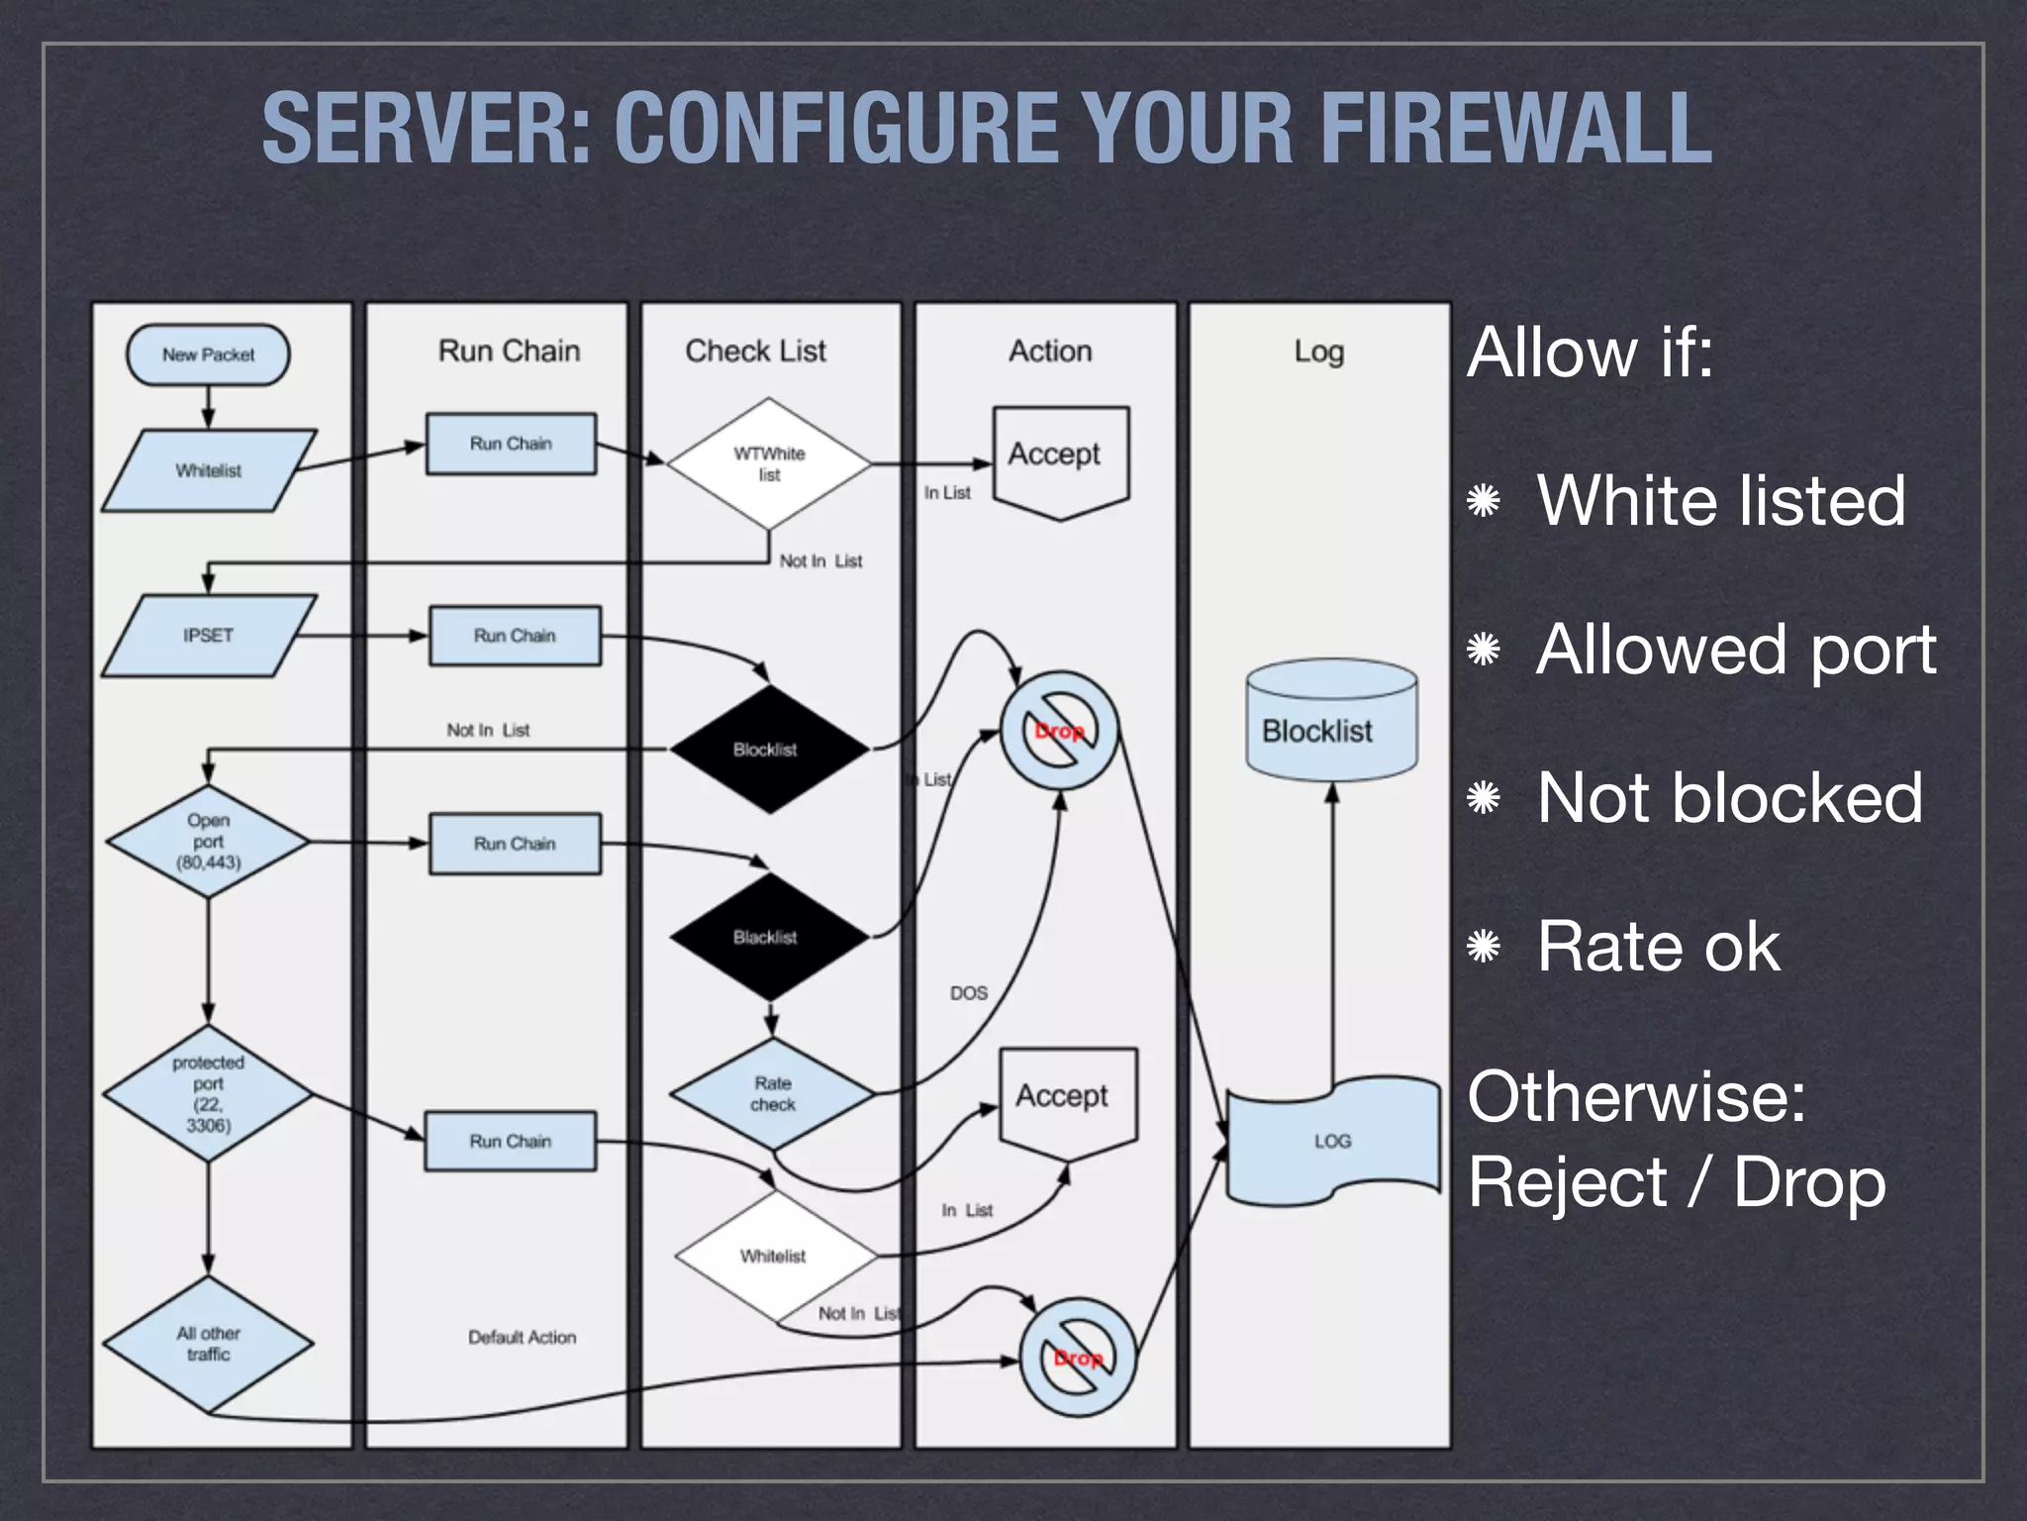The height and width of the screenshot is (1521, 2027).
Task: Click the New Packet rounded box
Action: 208,355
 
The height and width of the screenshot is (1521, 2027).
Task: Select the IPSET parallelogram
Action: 209,636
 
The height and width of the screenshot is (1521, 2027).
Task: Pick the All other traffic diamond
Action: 208,1344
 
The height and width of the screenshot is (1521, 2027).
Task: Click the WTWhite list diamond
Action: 769,463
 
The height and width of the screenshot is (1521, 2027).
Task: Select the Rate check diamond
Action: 772,1094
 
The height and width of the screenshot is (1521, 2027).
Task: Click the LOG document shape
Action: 1332,1142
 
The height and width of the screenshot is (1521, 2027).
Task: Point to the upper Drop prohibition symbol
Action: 1059,732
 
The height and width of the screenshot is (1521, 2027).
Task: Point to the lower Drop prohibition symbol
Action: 1078,1358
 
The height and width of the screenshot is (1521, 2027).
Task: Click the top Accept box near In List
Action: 1060,456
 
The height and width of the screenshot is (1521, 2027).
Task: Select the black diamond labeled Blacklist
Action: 766,937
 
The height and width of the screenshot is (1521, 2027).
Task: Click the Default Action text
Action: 522,1337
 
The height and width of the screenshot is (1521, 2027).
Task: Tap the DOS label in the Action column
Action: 968,993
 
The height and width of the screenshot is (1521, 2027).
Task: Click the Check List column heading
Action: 755,351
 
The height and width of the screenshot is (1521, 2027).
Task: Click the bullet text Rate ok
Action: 1658,947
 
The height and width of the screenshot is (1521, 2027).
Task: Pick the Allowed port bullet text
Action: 1735,650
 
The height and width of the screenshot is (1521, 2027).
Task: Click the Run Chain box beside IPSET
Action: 515,636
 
